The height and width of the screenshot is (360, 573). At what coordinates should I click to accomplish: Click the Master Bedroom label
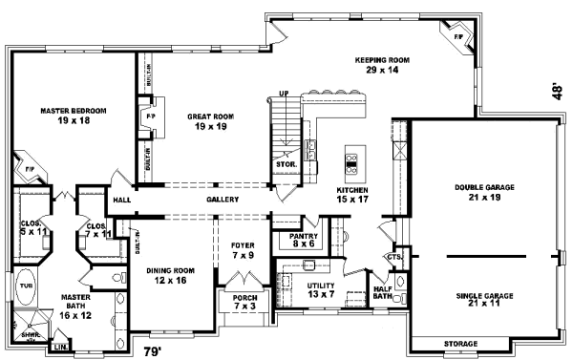coord(73,116)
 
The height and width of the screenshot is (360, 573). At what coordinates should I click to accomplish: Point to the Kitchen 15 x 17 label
coord(352,196)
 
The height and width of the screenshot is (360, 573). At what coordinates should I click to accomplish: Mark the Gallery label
coord(222,200)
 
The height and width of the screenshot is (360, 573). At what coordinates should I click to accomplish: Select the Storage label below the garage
coord(461,343)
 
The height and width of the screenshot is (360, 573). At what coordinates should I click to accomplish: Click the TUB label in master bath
coord(25,285)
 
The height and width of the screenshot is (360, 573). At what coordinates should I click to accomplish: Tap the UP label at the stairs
coord(283,94)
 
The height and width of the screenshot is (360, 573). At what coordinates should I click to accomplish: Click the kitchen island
coord(351,163)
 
